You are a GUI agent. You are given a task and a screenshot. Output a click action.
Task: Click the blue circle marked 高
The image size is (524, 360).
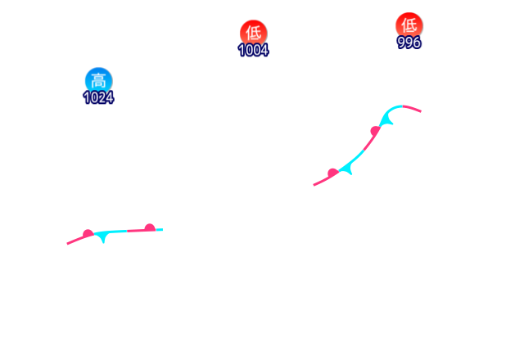click(x=98, y=79)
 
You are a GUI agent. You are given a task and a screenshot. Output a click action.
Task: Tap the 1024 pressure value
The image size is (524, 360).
click(x=98, y=97)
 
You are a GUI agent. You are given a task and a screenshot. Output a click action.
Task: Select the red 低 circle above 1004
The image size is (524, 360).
click(x=253, y=32)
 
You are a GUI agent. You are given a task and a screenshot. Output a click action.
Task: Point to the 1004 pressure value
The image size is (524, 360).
click(x=253, y=50)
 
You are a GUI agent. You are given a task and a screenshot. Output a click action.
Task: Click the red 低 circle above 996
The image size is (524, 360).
click(x=409, y=25)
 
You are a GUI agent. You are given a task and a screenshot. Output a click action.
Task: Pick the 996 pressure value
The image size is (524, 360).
click(x=409, y=42)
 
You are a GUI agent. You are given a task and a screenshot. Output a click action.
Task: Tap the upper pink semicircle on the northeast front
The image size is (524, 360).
click(x=375, y=131)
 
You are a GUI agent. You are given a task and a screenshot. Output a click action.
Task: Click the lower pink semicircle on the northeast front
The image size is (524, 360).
click(x=332, y=173)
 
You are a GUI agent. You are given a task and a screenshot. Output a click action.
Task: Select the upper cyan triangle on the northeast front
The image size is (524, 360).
click(x=390, y=119)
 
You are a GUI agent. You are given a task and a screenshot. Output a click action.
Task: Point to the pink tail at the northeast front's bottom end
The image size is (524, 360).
click(x=316, y=184)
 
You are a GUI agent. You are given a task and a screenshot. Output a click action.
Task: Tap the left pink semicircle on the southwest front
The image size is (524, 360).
click(x=88, y=233)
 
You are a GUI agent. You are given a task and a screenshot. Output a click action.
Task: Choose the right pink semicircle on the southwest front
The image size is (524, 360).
click(x=149, y=228)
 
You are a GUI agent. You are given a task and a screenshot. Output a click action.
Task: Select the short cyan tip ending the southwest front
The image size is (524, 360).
click(x=159, y=230)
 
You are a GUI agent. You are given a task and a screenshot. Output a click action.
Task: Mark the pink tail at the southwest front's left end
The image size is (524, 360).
click(x=70, y=242)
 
